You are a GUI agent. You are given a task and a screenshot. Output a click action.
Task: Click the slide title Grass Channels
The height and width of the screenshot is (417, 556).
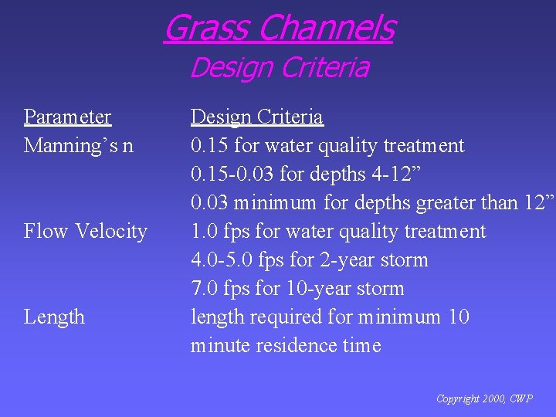click(x=279, y=28)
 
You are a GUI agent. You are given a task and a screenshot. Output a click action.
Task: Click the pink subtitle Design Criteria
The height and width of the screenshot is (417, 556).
click(x=279, y=68)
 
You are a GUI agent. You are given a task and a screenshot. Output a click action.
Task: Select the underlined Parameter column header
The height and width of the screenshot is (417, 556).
click(x=68, y=117)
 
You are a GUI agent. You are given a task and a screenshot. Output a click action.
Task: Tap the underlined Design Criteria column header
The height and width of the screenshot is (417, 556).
click(x=257, y=117)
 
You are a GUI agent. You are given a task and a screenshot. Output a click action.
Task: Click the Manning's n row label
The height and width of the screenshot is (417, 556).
click(x=79, y=146)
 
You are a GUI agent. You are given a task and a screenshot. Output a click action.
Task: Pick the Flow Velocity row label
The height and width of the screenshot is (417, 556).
click(x=86, y=232)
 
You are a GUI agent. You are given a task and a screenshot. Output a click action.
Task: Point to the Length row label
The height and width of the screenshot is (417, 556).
click(x=54, y=317)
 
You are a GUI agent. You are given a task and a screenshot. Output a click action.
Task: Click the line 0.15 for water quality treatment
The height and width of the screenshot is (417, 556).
click(x=327, y=146)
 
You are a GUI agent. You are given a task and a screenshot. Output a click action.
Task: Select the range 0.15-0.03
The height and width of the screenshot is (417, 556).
click(x=232, y=175)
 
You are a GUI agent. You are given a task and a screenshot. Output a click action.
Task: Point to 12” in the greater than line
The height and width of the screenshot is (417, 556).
click(x=539, y=203)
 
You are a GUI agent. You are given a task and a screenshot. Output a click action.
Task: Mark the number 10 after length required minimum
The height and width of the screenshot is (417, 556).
click(x=458, y=317)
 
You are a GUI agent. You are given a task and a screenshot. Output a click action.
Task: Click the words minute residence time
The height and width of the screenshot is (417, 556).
click(x=286, y=346)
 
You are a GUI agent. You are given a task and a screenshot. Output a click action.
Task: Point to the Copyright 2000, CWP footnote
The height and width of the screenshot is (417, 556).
click(x=484, y=399)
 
